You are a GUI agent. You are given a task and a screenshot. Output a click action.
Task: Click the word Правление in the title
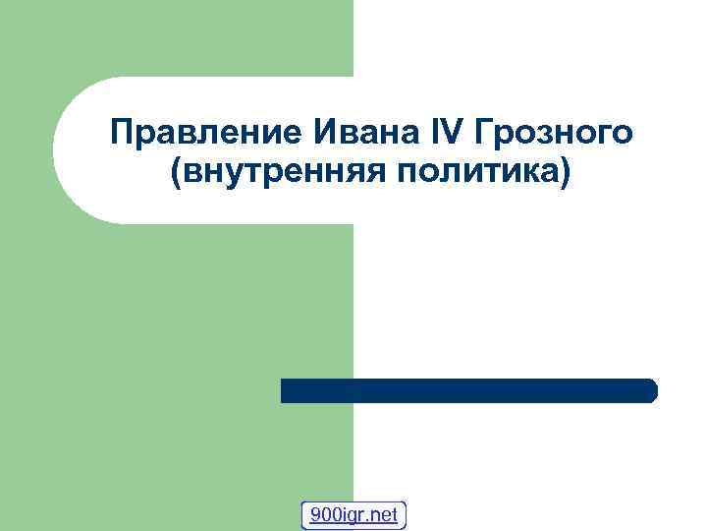click(195, 131)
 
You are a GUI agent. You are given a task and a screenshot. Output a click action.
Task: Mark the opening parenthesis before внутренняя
click(176, 175)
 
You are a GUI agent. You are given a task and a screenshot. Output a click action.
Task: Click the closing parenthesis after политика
click(564, 175)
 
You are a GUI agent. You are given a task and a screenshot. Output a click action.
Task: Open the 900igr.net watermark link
click(353, 514)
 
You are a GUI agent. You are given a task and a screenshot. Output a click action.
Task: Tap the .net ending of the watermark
click(383, 514)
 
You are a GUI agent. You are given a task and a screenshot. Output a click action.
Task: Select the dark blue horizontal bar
click(468, 390)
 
